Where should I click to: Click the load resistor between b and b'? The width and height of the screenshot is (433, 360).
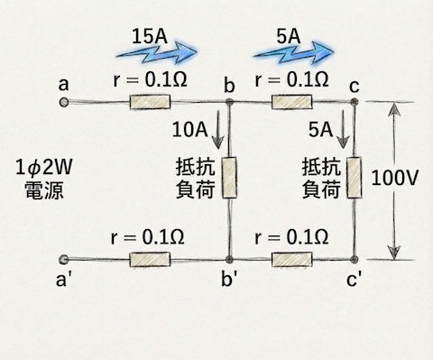tap(229, 179)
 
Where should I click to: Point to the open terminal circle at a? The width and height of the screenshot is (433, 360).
tap(63, 103)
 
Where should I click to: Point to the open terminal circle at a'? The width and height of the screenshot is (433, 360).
tap(63, 260)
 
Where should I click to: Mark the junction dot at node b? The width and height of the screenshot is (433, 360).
tap(229, 103)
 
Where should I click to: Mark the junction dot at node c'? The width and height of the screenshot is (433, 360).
tap(355, 260)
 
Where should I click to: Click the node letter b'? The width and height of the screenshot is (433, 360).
tap(230, 282)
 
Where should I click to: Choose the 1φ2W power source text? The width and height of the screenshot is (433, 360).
tap(39, 178)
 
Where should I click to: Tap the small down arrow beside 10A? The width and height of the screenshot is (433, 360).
tap(220, 133)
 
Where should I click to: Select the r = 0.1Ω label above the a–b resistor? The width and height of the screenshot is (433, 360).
tap(149, 78)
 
